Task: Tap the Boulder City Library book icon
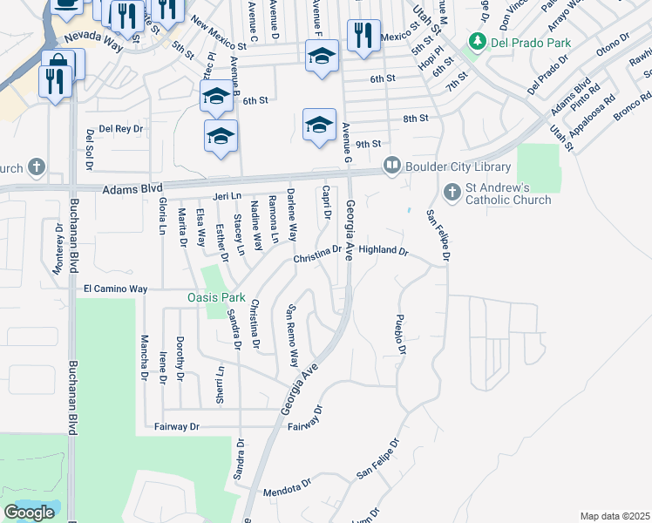[392, 165]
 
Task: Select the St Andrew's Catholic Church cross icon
[452, 191]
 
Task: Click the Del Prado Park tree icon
[477, 40]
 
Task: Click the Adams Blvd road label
[132, 187]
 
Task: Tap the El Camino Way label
[115, 289]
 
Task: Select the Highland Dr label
[384, 250]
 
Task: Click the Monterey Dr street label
[59, 248]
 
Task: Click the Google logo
[29, 513]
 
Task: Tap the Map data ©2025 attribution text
[615, 516]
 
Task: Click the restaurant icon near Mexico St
[360, 35]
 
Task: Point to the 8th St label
[416, 118]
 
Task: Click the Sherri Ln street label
[221, 384]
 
